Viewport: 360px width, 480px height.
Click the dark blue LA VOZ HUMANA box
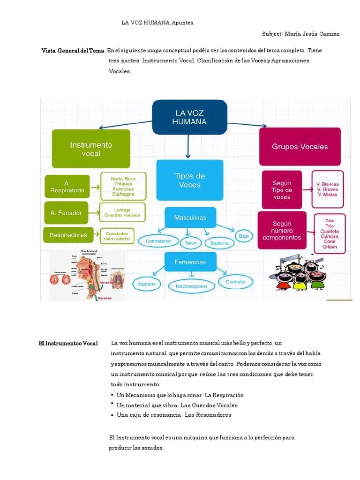(x=189, y=117)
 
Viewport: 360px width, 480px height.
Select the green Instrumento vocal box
(x=91, y=149)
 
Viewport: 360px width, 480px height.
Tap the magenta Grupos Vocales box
(x=300, y=146)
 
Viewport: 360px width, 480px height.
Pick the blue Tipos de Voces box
(x=189, y=180)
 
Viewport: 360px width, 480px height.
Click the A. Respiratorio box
(x=67, y=187)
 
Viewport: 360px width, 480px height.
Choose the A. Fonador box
(x=66, y=213)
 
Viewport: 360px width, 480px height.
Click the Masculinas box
(x=190, y=217)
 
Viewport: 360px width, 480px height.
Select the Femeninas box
(x=190, y=262)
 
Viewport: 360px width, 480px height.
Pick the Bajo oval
(x=244, y=236)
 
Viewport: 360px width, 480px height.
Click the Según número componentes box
(x=282, y=231)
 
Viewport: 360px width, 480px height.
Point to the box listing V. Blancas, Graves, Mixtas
(x=328, y=190)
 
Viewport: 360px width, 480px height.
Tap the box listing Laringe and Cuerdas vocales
(x=123, y=213)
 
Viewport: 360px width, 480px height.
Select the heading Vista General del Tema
(x=73, y=51)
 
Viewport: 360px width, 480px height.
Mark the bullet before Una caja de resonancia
(x=112, y=415)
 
